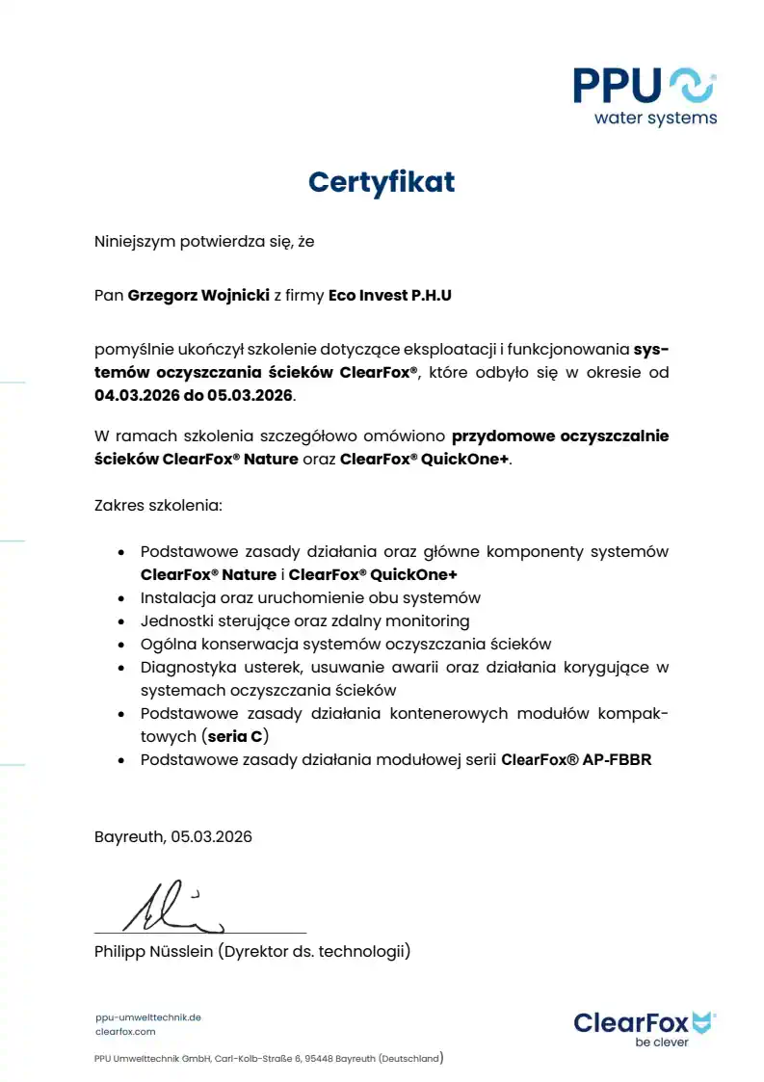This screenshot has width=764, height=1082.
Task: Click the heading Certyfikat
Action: pyautogui.click(x=382, y=181)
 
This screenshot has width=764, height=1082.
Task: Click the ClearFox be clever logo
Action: pyautogui.click(x=645, y=1027)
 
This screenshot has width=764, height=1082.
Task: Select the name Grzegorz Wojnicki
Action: pyautogui.click(x=198, y=296)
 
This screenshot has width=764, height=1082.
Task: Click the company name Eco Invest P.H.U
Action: pyautogui.click(x=390, y=296)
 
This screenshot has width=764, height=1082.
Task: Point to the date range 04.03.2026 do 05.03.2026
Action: pyautogui.click(x=194, y=395)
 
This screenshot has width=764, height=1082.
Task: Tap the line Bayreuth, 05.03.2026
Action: pyautogui.click(x=173, y=836)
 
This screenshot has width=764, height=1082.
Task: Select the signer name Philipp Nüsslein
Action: pyautogui.click(x=153, y=952)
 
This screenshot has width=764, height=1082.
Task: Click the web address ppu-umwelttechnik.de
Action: pyautogui.click(x=148, y=1016)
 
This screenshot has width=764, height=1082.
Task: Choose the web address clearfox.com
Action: pyautogui.click(x=125, y=1031)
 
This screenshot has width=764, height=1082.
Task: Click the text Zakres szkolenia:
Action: pyautogui.click(x=157, y=505)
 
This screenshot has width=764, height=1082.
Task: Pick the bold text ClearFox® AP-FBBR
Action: pyautogui.click(x=576, y=759)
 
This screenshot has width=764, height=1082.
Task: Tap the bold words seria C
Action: pyautogui.click(x=235, y=737)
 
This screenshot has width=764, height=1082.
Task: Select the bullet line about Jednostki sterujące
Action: pyautogui.click(x=304, y=620)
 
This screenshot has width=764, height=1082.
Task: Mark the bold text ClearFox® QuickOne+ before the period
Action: pyautogui.click(x=424, y=459)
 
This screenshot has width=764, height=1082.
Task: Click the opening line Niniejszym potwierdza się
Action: pyautogui.click(x=204, y=242)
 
